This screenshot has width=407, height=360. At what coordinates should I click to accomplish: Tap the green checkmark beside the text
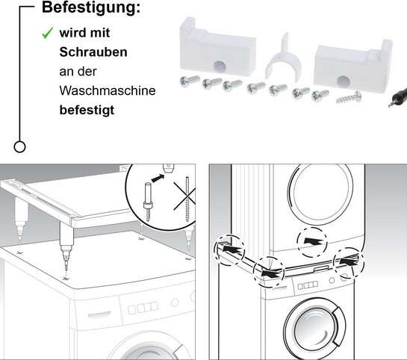coord(46,34)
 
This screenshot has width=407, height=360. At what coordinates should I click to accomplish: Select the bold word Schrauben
coord(93,53)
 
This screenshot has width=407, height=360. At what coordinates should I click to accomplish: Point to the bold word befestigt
coord(87,109)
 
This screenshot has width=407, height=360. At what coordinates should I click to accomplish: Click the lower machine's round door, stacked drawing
coord(317,329)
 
